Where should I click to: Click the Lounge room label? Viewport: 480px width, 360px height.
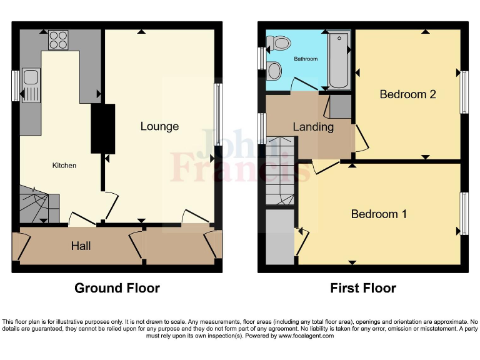(x=159, y=126)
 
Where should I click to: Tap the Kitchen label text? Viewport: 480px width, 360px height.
(x=64, y=166)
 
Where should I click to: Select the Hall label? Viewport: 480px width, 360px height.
(x=81, y=246)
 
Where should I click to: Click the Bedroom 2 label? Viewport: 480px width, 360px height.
(x=407, y=94)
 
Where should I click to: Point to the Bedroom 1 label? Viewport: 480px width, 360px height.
(x=379, y=214)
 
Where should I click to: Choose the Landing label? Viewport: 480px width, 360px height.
(x=313, y=127)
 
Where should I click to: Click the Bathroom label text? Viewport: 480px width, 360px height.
(x=306, y=59)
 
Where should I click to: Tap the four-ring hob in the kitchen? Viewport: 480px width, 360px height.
(x=59, y=39)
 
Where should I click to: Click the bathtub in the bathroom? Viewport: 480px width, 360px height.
(x=340, y=60)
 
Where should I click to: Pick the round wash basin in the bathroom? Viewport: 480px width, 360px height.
(x=274, y=71)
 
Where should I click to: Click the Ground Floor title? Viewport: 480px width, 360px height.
(x=117, y=288)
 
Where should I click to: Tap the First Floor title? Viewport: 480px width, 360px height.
(x=363, y=288)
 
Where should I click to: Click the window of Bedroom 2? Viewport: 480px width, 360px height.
(x=464, y=92)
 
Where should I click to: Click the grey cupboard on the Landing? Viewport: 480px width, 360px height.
(x=341, y=106)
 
